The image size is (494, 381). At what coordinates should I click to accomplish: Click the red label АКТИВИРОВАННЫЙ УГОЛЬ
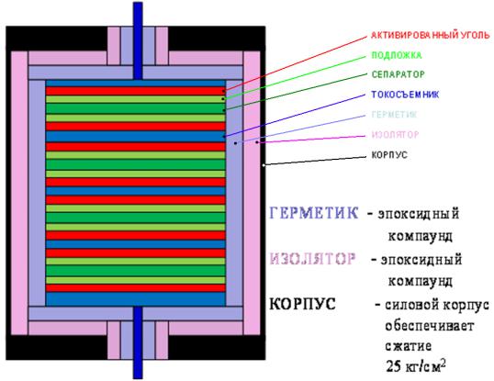pyautogui.click(x=431, y=35)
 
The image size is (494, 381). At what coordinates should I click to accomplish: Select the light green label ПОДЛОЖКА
pyautogui.click(x=397, y=55)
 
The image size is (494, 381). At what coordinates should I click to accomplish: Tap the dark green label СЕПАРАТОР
pyautogui.click(x=398, y=74)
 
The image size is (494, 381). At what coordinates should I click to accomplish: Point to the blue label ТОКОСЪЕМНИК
pyautogui.click(x=405, y=95)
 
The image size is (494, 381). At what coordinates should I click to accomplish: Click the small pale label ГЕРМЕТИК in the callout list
pyautogui.click(x=394, y=114)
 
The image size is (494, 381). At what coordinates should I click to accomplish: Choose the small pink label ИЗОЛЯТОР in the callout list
pyautogui.click(x=396, y=135)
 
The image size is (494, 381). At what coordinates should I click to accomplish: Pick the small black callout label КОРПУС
pyautogui.click(x=389, y=155)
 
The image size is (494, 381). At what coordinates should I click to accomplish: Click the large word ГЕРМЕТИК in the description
pyautogui.click(x=314, y=213)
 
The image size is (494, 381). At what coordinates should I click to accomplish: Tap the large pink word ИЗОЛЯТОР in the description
pyautogui.click(x=312, y=259)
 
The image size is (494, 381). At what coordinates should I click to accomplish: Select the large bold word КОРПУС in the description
pyautogui.click(x=302, y=304)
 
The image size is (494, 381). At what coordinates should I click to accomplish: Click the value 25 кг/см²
pyautogui.click(x=416, y=365)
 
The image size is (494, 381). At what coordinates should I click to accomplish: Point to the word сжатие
pyautogui.click(x=408, y=346)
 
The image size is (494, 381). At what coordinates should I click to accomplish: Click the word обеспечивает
pyautogui.click(x=430, y=326)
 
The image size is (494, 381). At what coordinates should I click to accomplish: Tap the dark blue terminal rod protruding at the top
pyautogui.click(x=138, y=40)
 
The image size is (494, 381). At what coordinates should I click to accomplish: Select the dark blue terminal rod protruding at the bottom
pyautogui.click(x=138, y=342)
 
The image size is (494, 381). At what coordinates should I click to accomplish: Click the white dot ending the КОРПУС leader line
pyautogui.click(x=264, y=165)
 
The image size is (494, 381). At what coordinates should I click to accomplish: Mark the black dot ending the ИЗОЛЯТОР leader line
pyautogui.click(x=257, y=142)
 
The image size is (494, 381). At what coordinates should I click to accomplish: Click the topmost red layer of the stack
pyautogui.click(x=136, y=91)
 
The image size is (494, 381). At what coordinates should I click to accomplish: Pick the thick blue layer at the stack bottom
pyautogui.click(x=136, y=298)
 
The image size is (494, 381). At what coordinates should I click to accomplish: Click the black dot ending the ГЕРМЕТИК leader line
pyautogui.click(x=235, y=143)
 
